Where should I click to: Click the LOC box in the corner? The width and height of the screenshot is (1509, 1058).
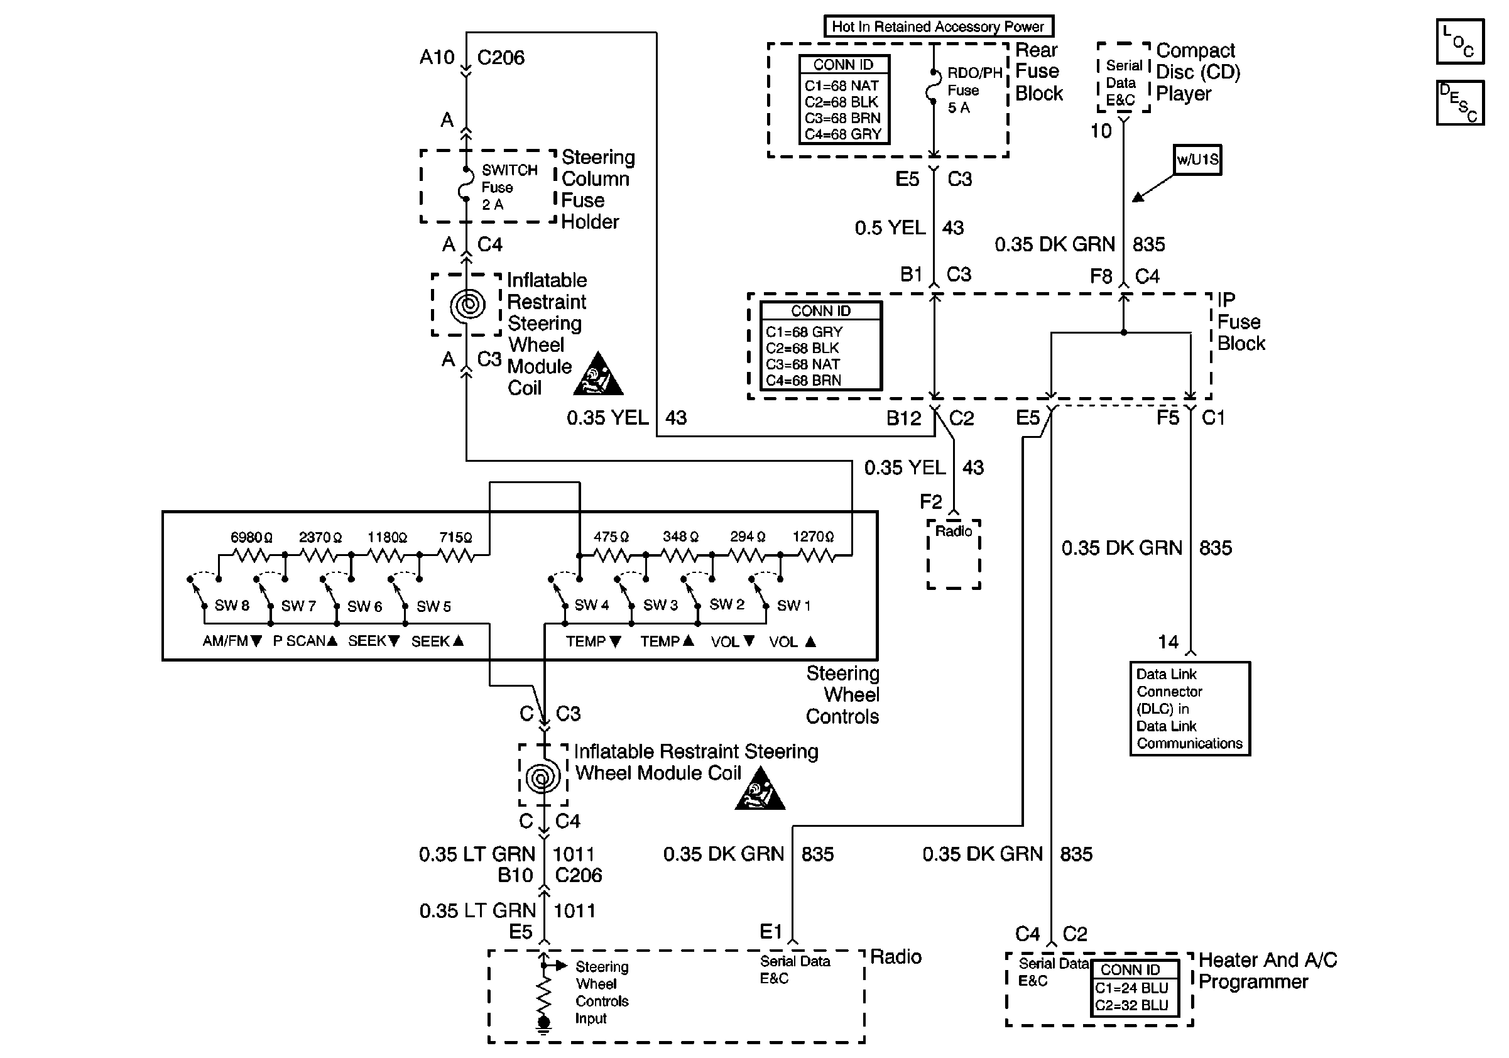pos(1460,41)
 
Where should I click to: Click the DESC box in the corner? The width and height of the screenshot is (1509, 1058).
pos(1460,102)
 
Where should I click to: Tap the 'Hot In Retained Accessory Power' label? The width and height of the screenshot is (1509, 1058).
pos(938,26)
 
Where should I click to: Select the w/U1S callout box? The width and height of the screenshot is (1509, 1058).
pos(1197,160)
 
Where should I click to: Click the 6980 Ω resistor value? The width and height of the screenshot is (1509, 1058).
pos(251,538)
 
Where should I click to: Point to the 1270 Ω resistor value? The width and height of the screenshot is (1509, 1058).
pos(813,537)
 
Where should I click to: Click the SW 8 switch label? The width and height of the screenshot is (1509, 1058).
pos(232,606)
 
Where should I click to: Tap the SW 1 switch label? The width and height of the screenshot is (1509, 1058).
pos(793,606)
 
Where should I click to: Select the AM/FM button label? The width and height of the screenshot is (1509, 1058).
pos(231,641)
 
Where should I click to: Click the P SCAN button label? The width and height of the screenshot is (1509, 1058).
pos(305,641)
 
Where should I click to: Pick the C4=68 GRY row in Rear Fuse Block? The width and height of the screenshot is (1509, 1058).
pos(842,134)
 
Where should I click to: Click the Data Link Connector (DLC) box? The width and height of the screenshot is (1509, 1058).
pos(1190,709)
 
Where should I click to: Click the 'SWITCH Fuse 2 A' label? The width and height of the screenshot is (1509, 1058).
pos(508,187)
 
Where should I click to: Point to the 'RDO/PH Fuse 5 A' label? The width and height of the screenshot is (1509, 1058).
pos(973,90)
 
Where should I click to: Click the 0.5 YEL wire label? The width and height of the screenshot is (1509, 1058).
pos(890,228)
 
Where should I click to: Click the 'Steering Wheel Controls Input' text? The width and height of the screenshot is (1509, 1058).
pos(601,992)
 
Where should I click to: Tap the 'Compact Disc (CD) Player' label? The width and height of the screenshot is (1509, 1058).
pos(1197,72)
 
